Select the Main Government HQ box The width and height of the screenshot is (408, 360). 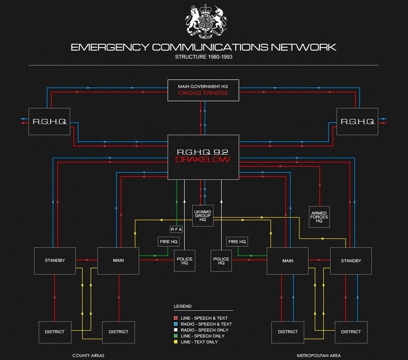(x=203, y=90)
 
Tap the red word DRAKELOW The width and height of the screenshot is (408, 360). (x=203, y=160)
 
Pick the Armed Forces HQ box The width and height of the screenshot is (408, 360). (x=319, y=217)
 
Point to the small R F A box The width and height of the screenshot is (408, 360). (x=176, y=230)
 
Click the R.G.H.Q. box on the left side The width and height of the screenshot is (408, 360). (x=49, y=122)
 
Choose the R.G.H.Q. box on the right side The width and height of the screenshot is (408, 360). (x=357, y=122)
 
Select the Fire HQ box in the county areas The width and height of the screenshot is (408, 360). (x=168, y=242)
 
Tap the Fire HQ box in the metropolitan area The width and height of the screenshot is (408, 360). (x=237, y=242)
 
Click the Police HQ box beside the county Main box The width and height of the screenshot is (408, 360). (x=184, y=261)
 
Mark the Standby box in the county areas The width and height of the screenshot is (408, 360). (x=55, y=261)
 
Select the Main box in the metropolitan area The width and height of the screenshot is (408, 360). (x=288, y=261)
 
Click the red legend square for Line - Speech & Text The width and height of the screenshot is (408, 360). (x=176, y=318)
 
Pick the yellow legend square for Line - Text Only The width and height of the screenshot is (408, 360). (x=176, y=342)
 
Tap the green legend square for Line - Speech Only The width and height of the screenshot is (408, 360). (x=176, y=336)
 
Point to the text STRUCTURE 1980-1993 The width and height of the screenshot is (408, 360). (x=203, y=57)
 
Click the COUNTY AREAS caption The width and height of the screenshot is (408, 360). (x=88, y=355)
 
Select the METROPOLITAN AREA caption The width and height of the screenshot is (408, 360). (x=319, y=355)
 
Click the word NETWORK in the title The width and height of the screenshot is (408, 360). (x=303, y=47)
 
